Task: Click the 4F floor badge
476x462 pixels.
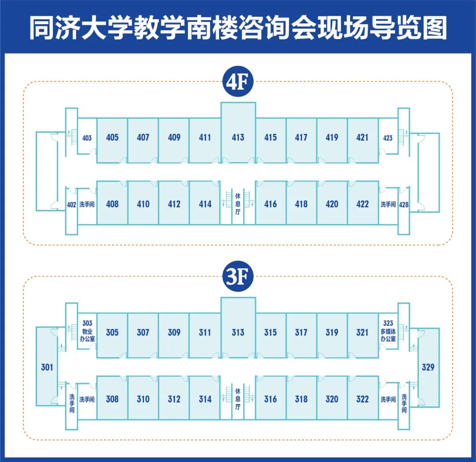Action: click(x=238, y=82)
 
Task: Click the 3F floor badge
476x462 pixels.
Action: click(x=238, y=276)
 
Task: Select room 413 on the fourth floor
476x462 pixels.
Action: click(x=238, y=133)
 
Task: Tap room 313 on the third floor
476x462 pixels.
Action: click(x=238, y=328)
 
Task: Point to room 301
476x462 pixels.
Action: click(x=47, y=367)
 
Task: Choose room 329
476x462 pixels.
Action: click(x=428, y=367)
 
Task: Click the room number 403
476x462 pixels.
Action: click(x=87, y=138)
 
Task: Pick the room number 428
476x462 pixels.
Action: click(x=404, y=205)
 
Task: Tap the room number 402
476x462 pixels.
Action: click(x=71, y=205)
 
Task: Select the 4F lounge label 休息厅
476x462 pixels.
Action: click(x=238, y=204)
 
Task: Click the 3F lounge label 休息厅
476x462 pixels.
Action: click(x=238, y=399)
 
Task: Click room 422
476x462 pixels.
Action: click(x=363, y=203)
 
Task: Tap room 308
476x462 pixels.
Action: click(x=112, y=398)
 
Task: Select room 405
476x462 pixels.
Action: click(x=112, y=140)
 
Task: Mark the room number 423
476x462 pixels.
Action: click(x=388, y=138)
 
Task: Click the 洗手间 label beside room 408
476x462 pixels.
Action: click(x=87, y=205)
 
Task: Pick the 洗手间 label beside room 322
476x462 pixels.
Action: click(x=388, y=399)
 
